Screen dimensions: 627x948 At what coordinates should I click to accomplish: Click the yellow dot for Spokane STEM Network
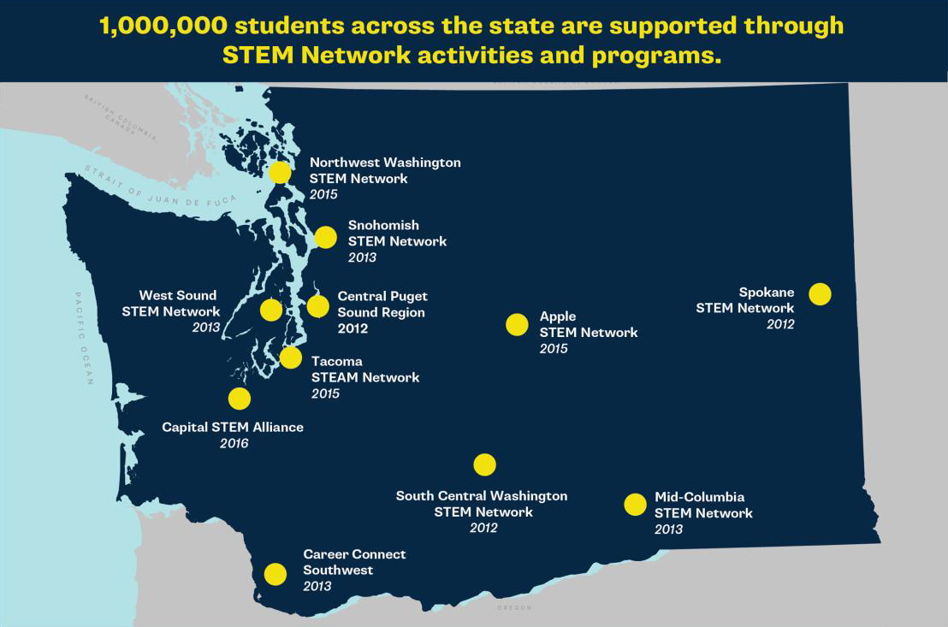tap(820, 293)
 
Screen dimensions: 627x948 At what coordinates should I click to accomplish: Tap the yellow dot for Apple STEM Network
tap(517, 324)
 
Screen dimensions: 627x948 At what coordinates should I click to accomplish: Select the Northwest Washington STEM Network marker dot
tap(280, 172)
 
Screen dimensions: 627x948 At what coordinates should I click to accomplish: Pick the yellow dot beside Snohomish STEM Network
tap(325, 237)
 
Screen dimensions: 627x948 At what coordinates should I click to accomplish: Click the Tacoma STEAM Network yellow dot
tap(291, 358)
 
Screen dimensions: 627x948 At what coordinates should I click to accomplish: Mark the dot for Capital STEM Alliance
tap(240, 399)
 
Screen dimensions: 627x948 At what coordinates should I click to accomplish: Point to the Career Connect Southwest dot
tap(276, 573)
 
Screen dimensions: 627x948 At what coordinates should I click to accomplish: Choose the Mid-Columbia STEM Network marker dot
tap(635, 505)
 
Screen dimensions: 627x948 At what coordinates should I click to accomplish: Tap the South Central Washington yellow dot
tap(484, 464)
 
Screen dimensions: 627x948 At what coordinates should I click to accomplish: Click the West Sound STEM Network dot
tap(270, 310)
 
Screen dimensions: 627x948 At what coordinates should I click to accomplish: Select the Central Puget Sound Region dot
tap(317, 305)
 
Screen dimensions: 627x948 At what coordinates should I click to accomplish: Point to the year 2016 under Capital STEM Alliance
tap(234, 443)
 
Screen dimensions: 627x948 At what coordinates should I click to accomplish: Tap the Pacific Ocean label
tap(84, 338)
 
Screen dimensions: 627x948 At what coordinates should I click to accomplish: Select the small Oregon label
tap(513, 607)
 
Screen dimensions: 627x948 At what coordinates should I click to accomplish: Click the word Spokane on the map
tap(767, 293)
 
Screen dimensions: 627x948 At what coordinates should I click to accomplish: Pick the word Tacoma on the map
tap(337, 361)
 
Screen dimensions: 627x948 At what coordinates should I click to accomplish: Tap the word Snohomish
tap(383, 225)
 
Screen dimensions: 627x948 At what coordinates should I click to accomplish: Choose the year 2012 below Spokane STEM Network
tap(780, 324)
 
